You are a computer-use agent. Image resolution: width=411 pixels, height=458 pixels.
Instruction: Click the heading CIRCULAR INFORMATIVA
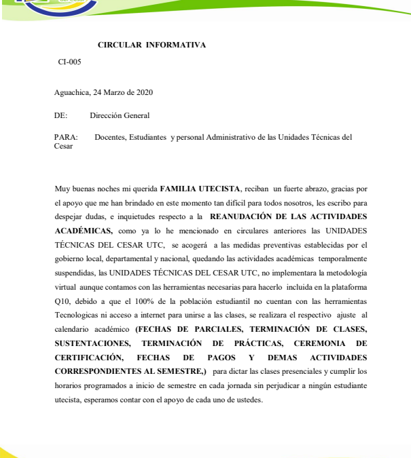click(x=151, y=45)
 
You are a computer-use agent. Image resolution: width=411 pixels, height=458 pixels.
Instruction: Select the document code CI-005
click(x=69, y=62)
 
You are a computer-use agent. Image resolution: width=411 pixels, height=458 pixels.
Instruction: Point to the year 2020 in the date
click(x=145, y=92)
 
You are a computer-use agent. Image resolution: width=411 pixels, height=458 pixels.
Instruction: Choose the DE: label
click(x=60, y=116)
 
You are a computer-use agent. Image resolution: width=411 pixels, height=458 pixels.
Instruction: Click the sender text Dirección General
click(x=120, y=116)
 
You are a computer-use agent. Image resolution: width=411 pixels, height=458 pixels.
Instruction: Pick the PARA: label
click(x=65, y=137)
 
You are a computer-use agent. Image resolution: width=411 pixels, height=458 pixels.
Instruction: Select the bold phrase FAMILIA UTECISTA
click(x=200, y=188)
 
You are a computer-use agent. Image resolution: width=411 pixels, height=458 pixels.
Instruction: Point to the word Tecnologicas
click(x=77, y=315)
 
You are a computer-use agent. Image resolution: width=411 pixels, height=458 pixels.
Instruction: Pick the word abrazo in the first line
click(x=321, y=188)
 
